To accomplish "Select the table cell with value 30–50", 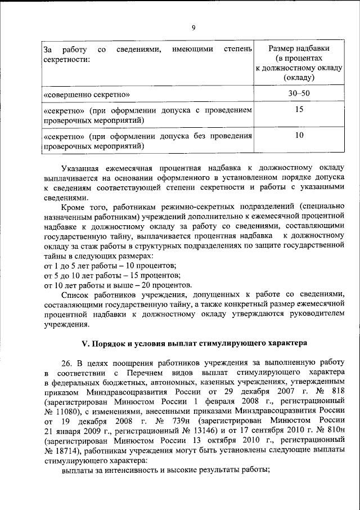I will point(299,91).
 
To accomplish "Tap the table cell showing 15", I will point(299,109).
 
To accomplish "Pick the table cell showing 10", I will point(299,136).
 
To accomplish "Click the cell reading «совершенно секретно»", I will point(87,91).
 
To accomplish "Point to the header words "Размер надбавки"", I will point(299,49).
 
